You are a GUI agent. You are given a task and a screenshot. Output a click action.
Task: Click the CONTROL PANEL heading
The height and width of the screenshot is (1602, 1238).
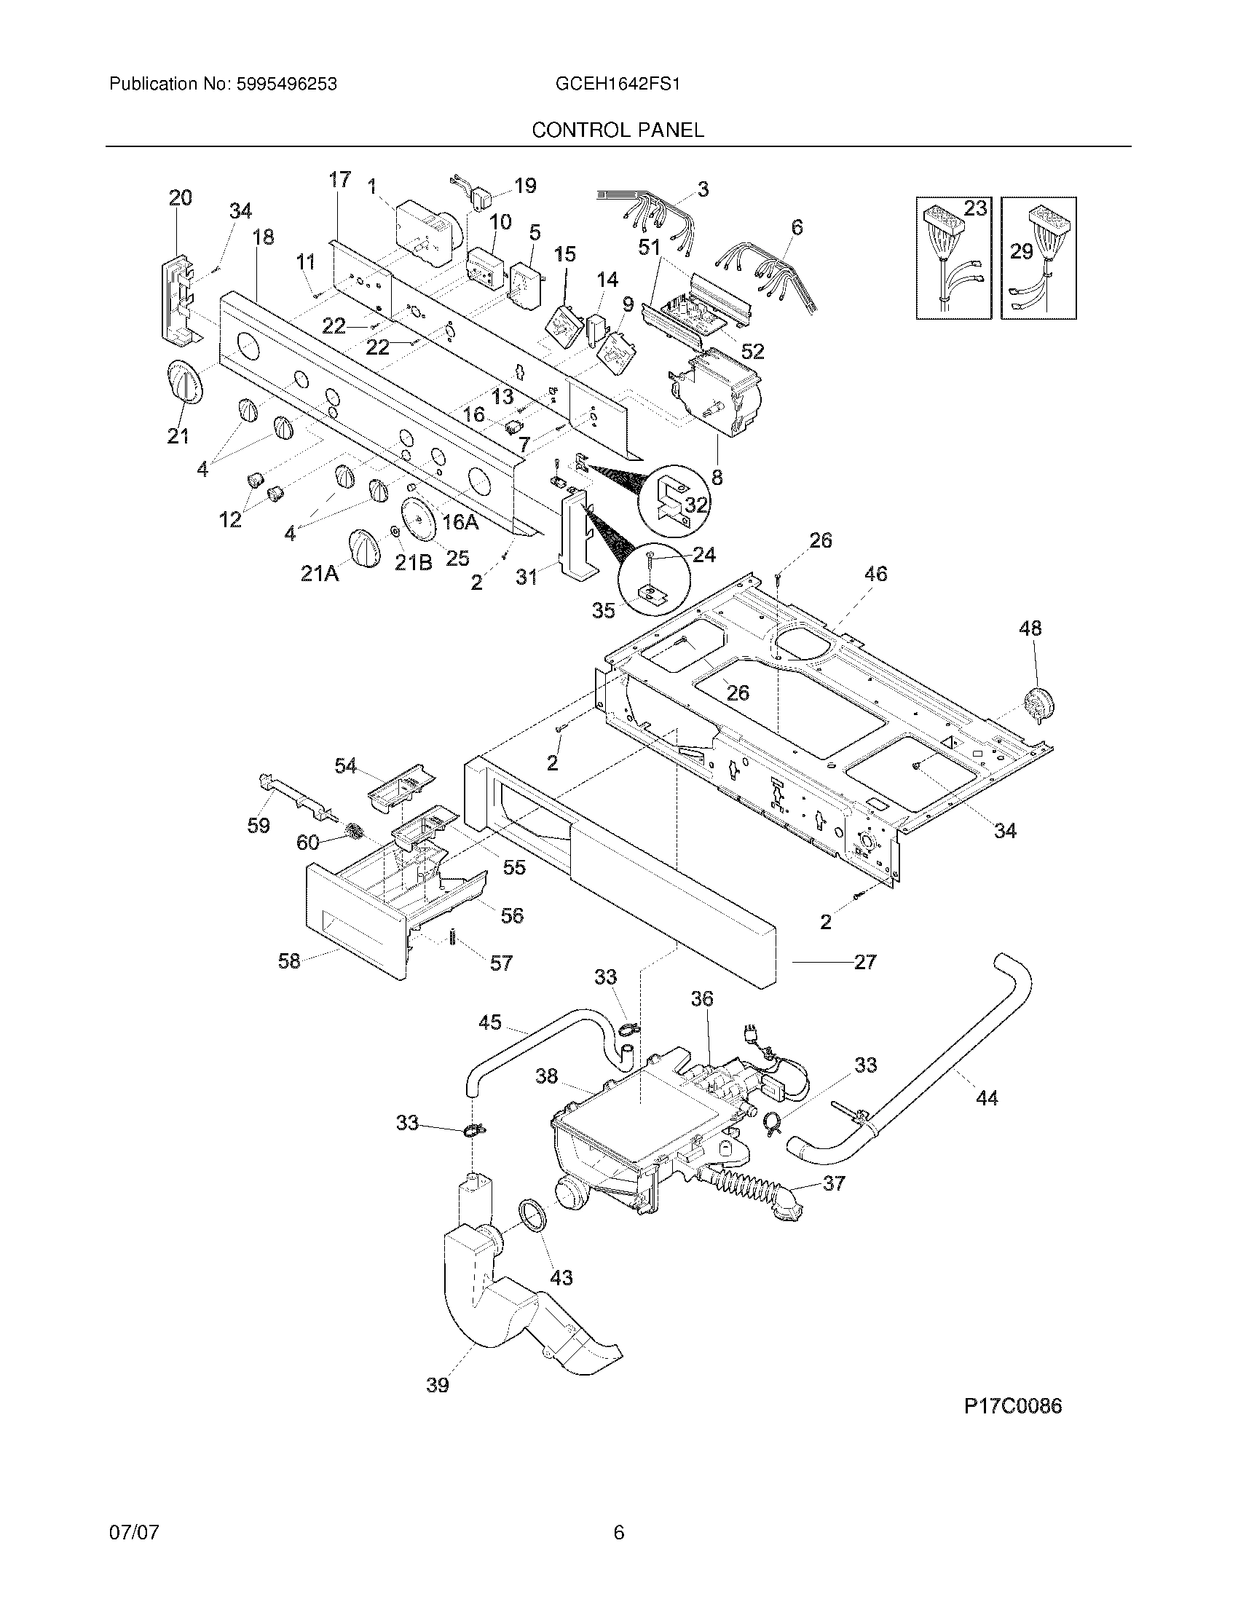click(618, 130)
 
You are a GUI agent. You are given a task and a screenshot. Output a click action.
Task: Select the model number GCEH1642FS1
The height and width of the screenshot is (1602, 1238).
click(618, 84)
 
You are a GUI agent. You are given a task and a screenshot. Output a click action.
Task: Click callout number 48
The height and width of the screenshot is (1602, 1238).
click(1030, 628)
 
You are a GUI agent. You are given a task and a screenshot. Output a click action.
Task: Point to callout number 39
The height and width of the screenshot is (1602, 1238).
click(438, 1385)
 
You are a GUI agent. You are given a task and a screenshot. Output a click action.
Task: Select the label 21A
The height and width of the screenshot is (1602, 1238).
click(320, 575)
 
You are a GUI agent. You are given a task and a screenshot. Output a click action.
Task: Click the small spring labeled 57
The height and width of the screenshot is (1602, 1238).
click(452, 937)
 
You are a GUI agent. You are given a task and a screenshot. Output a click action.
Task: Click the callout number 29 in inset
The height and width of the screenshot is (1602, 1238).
click(1021, 253)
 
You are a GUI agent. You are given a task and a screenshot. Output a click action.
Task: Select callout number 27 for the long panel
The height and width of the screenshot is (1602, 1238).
click(865, 962)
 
